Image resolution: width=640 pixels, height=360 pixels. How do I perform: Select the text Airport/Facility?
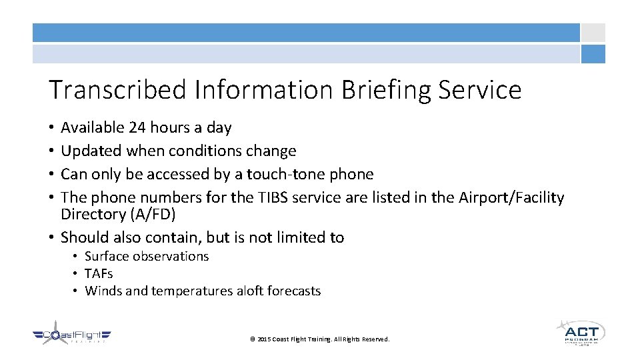coord(511,197)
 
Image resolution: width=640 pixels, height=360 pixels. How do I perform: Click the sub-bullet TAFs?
coord(99,273)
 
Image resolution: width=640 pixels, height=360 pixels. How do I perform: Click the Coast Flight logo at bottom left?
coord(71,337)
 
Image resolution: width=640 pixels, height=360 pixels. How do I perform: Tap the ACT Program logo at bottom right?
coord(580,332)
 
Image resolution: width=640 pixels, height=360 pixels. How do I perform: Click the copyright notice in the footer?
coord(319,339)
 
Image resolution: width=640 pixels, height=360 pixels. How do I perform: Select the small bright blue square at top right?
coord(593,54)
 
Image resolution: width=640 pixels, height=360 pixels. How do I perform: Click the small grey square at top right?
coord(593,33)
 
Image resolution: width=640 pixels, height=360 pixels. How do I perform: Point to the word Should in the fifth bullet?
coord(83,237)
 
